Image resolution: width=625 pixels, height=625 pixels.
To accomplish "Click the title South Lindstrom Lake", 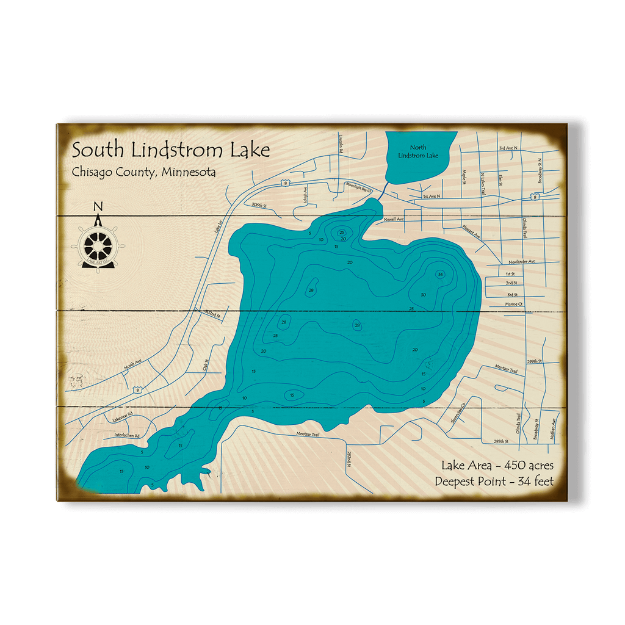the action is (170, 150).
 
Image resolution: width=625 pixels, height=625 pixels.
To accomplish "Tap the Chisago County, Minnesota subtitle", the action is (143, 172).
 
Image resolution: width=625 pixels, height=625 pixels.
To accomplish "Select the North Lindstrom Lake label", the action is (418, 151).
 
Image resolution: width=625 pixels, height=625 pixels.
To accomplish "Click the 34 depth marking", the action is (441, 275).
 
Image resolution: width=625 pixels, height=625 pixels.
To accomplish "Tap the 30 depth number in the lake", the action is (423, 295).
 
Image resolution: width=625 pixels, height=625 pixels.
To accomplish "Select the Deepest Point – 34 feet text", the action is (494, 482).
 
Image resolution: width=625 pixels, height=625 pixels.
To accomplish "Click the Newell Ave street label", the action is (394, 219).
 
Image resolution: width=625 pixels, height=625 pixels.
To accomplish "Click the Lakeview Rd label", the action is (123, 419).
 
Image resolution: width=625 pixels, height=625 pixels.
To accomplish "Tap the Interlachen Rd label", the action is (127, 436).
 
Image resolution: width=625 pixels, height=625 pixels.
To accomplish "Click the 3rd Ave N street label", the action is (508, 148).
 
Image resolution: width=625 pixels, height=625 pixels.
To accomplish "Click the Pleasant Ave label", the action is (471, 231).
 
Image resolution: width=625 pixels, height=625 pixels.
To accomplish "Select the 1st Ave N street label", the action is (431, 197).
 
